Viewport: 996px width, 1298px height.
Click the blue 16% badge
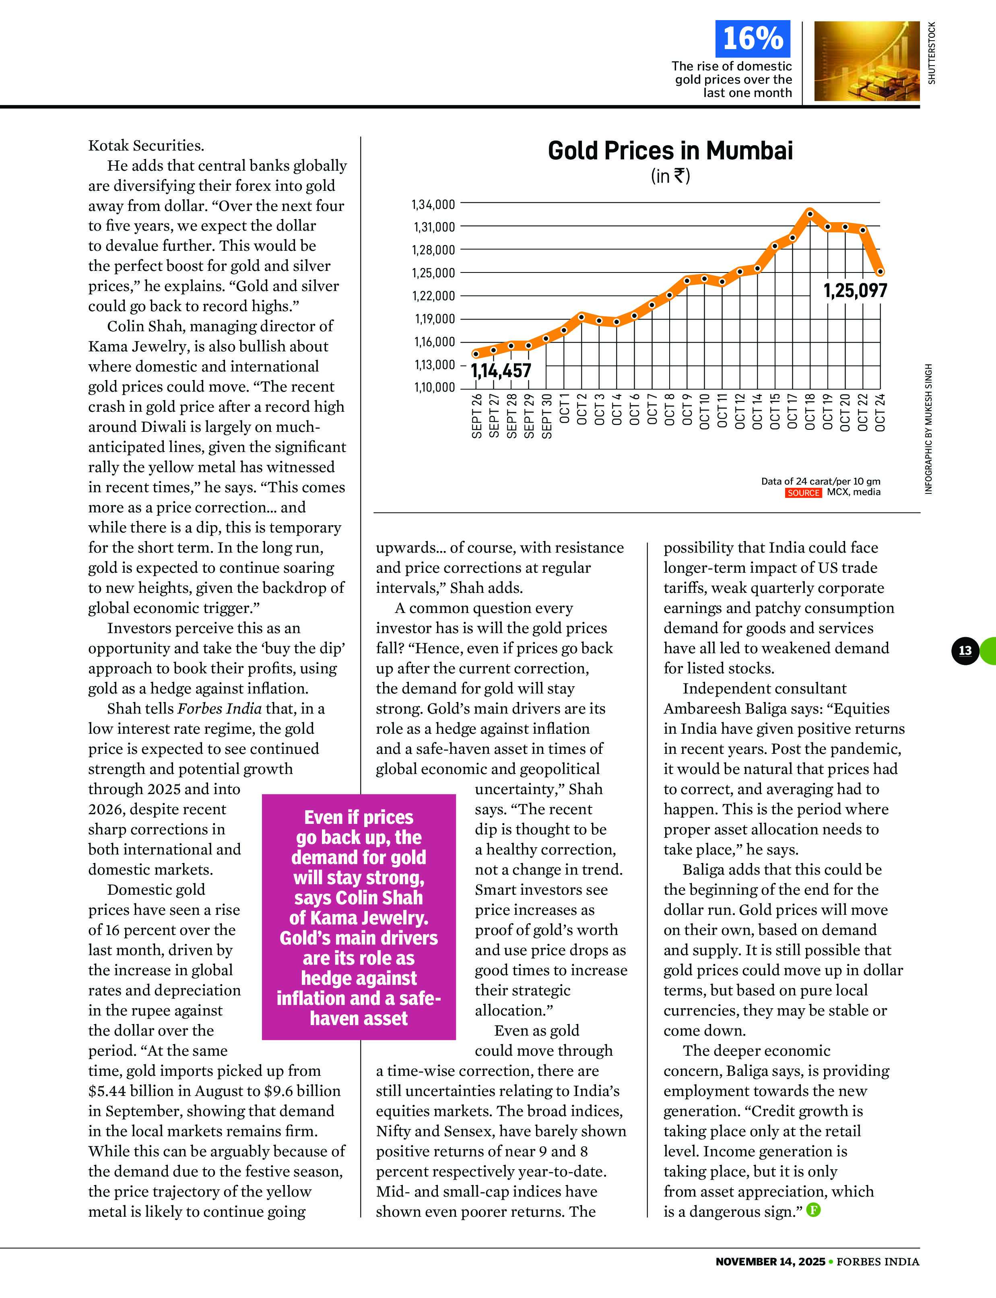pyautogui.click(x=753, y=39)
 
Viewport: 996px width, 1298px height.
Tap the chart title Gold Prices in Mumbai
pyautogui.click(x=670, y=151)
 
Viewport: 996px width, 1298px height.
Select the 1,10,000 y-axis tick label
pyautogui.click(x=433, y=388)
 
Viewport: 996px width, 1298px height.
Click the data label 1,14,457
pyautogui.click(x=501, y=371)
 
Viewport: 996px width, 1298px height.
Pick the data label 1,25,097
pyautogui.click(x=855, y=291)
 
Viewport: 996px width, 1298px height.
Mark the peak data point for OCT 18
pyautogui.click(x=810, y=213)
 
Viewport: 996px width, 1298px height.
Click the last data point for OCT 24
pyautogui.click(x=881, y=272)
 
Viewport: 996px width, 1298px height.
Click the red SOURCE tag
pyautogui.click(x=803, y=493)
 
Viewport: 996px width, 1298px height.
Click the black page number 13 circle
pyautogui.click(x=965, y=650)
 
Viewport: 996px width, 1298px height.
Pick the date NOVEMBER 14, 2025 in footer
pyautogui.click(x=770, y=1261)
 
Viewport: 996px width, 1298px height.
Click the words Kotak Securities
pyautogui.click(x=146, y=145)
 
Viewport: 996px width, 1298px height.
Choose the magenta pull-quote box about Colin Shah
pyautogui.click(x=359, y=917)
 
